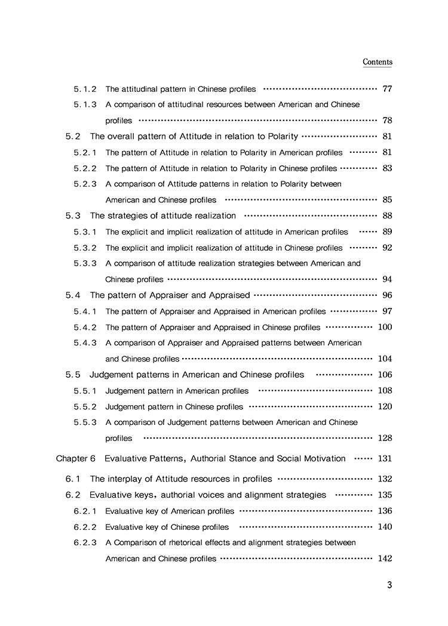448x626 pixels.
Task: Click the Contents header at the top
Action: point(378,62)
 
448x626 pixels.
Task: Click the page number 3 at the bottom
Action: point(389,585)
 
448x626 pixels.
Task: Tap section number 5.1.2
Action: point(85,89)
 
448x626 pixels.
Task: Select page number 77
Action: point(386,89)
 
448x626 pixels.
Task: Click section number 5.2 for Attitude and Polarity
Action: point(73,136)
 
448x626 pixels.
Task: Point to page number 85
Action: point(386,200)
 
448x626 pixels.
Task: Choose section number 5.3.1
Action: point(85,232)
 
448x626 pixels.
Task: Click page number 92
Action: point(386,248)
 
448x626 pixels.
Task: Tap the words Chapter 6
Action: point(75,458)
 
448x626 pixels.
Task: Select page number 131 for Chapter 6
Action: point(385,458)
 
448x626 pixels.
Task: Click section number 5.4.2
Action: point(85,327)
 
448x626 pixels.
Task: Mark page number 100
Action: point(385,327)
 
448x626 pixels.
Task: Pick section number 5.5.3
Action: point(85,423)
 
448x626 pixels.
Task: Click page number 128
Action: point(385,438)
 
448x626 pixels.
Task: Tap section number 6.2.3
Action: point(85,542)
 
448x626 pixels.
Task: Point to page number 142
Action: point(385,559)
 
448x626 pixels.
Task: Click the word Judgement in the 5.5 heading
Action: point(111,375)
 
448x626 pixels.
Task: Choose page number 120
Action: point(385,406)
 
